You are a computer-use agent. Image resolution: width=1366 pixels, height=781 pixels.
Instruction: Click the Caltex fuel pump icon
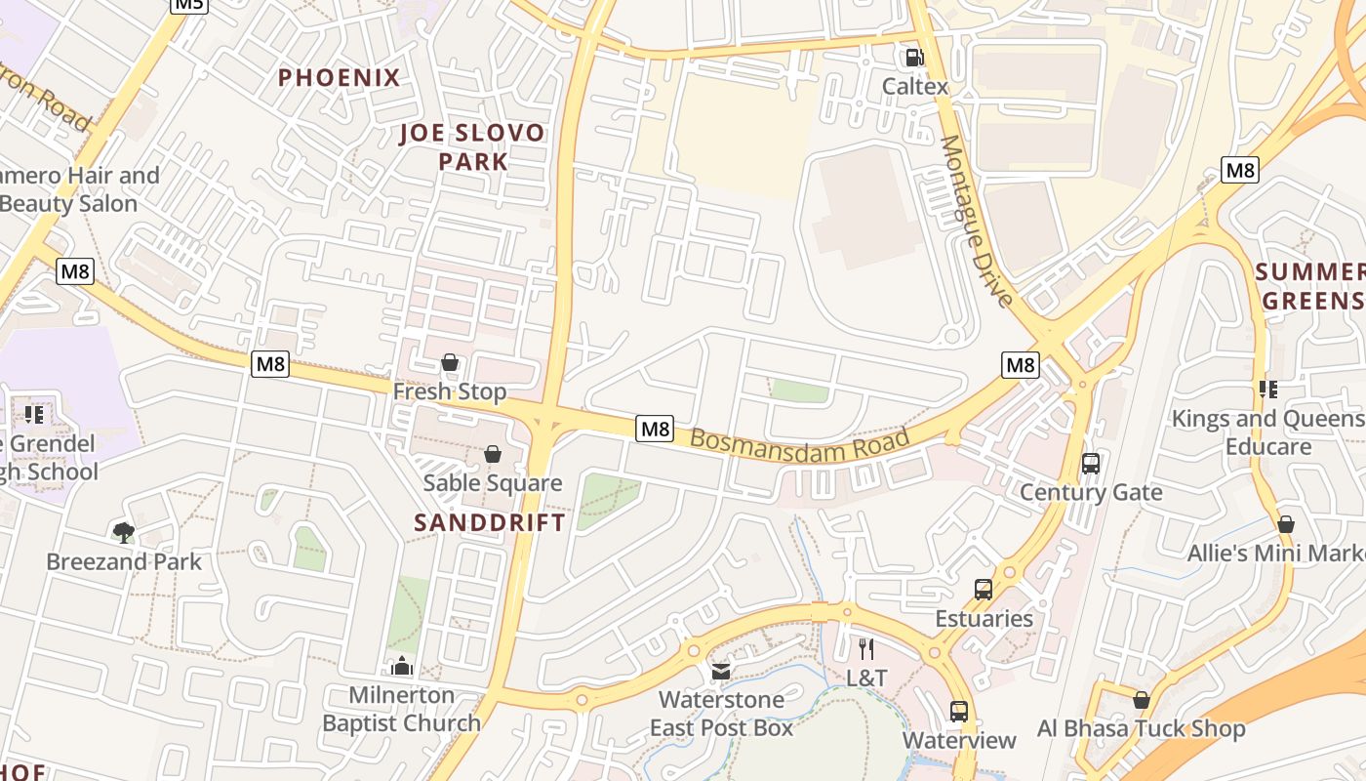click(x=914, y=58)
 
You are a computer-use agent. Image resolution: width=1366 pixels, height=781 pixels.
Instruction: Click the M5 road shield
click(x=188, y=4)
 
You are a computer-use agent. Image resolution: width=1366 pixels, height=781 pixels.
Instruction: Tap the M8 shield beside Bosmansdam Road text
click(x=655, y=429)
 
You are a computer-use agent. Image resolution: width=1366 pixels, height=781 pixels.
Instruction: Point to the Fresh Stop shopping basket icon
click(x=450, y=363)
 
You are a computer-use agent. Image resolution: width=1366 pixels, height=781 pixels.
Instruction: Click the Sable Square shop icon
click(x=493, y=455)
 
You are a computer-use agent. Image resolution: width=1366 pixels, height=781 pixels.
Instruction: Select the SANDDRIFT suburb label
click(x=490, y=522)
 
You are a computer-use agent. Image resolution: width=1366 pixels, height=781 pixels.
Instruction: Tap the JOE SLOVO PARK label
click(x=473, y=147)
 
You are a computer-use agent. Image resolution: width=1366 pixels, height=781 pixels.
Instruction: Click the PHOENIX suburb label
click(x=339, y=78)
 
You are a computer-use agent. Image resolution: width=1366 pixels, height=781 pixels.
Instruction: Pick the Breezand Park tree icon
click(x=123, y=532)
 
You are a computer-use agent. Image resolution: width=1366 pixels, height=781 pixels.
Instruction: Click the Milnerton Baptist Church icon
click(x=401, y=667)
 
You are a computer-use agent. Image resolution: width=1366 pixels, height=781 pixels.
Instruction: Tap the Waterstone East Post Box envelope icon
click(x=721, y=671)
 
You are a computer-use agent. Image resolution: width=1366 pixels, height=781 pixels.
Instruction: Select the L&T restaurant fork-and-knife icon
click(x=865, y=648)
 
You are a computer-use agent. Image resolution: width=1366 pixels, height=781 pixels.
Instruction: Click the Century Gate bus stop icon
click(x=1090, y=464)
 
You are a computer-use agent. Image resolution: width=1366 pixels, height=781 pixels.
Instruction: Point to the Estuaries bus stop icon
click(x=984, y=590)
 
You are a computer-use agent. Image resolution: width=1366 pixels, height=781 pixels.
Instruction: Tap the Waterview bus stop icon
click(x=959, y=712)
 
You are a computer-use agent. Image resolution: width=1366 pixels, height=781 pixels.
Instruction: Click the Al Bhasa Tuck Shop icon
click(x=1141, y=700)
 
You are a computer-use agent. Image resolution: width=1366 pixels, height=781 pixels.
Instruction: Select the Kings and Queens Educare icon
click(x=1268, y=390)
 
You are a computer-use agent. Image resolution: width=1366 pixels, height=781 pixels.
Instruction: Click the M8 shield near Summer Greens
click(x=1240, y=170)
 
